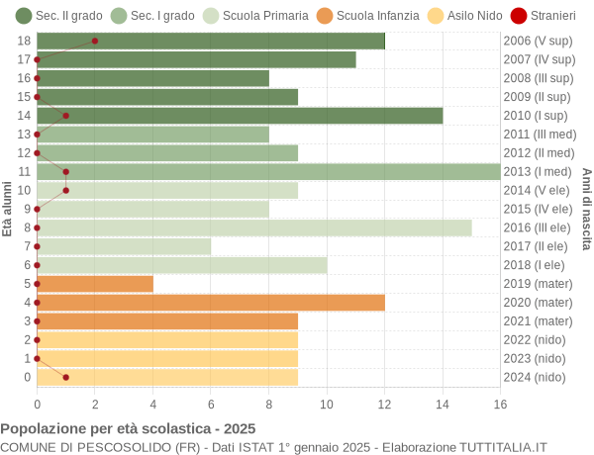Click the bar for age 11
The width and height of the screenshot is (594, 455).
(268, 172)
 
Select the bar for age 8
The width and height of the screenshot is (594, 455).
(254, 227)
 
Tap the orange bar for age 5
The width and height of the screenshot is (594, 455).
(95, 284)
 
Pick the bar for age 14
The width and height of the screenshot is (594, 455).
(240, 116)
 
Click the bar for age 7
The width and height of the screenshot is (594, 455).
(124, 246)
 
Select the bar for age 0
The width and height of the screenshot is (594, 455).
(167, 377)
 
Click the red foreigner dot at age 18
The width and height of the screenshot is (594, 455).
(95, 41)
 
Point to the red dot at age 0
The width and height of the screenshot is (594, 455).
(66, 377)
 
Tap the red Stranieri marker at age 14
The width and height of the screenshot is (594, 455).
(66, 116)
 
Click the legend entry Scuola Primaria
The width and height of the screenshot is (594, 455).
(250, 15)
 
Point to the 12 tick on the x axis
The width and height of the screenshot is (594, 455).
(384, 404)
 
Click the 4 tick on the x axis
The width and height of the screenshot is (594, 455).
(152, 404)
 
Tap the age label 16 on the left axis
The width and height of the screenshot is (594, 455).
(25, 78)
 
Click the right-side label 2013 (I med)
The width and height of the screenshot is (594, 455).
(539, 172)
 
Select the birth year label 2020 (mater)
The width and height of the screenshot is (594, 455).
(538, 303)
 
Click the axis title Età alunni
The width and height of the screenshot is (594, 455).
(8, 209)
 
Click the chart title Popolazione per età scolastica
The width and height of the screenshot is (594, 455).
(128, 429)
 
